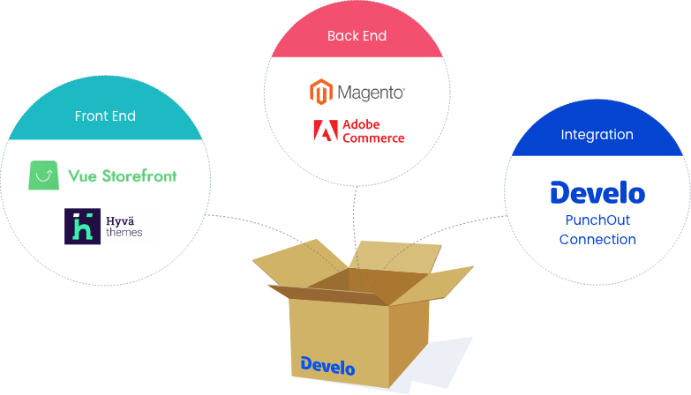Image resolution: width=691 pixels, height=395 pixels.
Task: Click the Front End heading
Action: [105, 116]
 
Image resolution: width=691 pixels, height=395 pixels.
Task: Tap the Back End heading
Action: [357, 36]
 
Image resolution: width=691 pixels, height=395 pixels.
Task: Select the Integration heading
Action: [597, 135]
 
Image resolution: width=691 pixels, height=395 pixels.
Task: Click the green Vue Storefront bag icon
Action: [43, 175]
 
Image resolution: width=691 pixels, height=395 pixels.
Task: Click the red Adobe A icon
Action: [325, 131]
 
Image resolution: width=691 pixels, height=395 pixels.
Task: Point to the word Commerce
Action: [373, 138]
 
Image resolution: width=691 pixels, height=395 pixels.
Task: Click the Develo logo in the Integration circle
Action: [597, 192]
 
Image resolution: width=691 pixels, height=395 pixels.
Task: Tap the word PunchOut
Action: [597, 220]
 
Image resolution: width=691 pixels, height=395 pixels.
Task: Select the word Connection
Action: [597, 240]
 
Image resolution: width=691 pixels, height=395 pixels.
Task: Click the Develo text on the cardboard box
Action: [327, 365]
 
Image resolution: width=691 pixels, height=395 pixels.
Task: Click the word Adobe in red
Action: [360, 124]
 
